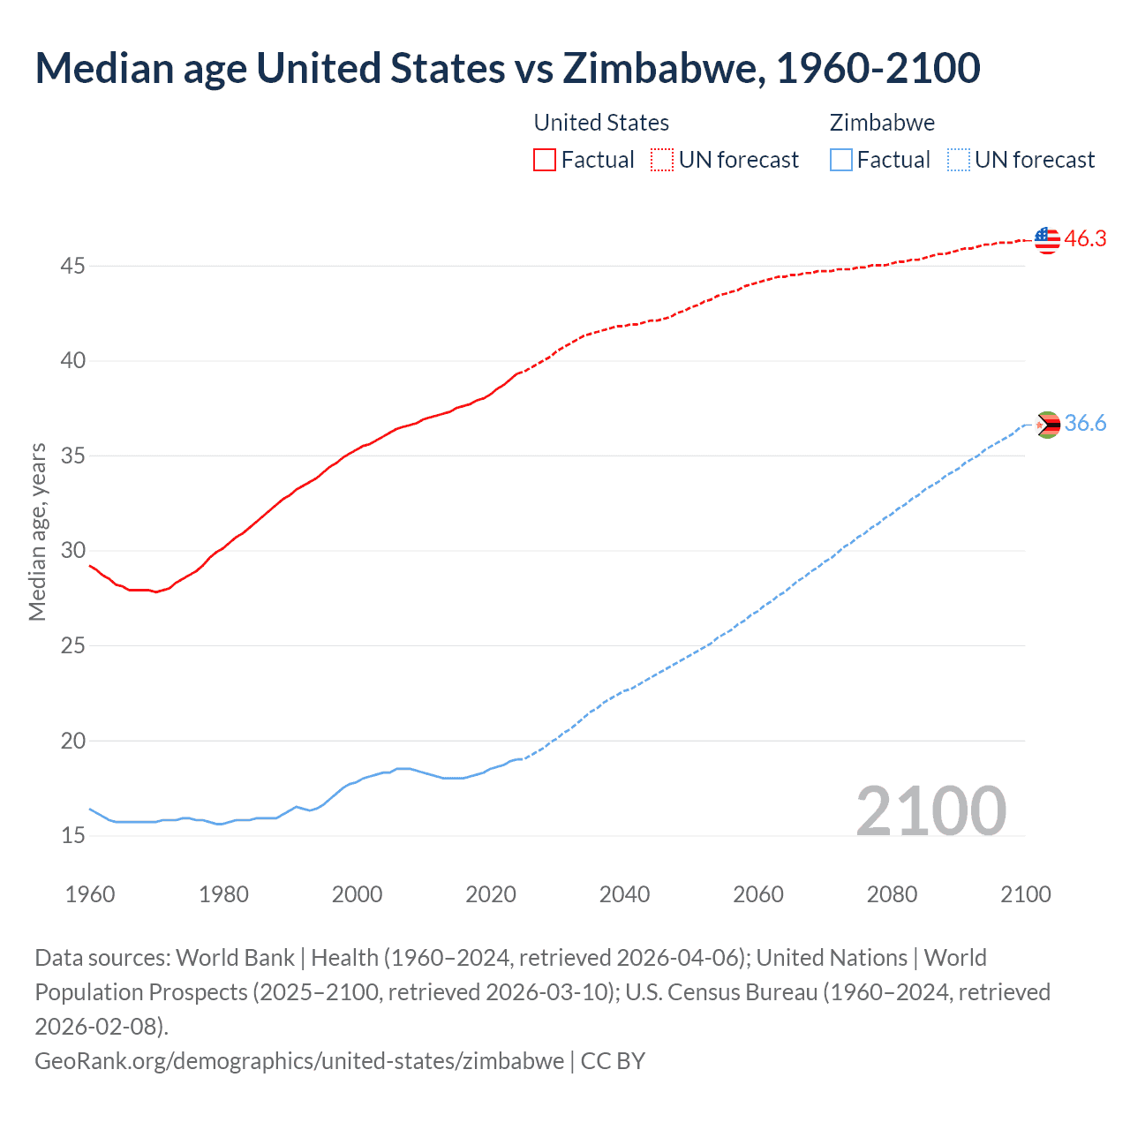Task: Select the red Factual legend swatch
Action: coord(545,160)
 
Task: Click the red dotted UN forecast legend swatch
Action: coord(661,160)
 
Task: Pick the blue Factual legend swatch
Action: coord(841,160)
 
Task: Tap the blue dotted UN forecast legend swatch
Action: coord(958,160)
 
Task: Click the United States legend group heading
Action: coord(601,123)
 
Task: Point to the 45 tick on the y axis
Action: coord(73,266)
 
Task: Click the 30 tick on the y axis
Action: coord(73,551)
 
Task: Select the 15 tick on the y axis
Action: coord(73,835)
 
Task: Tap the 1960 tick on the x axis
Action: coord(90,894)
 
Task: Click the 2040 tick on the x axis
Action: coord(624,894)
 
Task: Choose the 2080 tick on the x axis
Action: coord(892,894)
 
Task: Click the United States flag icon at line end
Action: coord(1047,239)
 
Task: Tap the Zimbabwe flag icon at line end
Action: coord(1047,425)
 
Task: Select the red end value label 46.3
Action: coord(1085,239)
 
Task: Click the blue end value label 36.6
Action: coord(1085,424)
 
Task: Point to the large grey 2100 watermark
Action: coord(930,811)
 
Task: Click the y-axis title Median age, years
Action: coord(37,532)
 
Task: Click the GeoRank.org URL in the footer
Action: coord(299,1060)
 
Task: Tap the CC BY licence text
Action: coord(613,1060)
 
